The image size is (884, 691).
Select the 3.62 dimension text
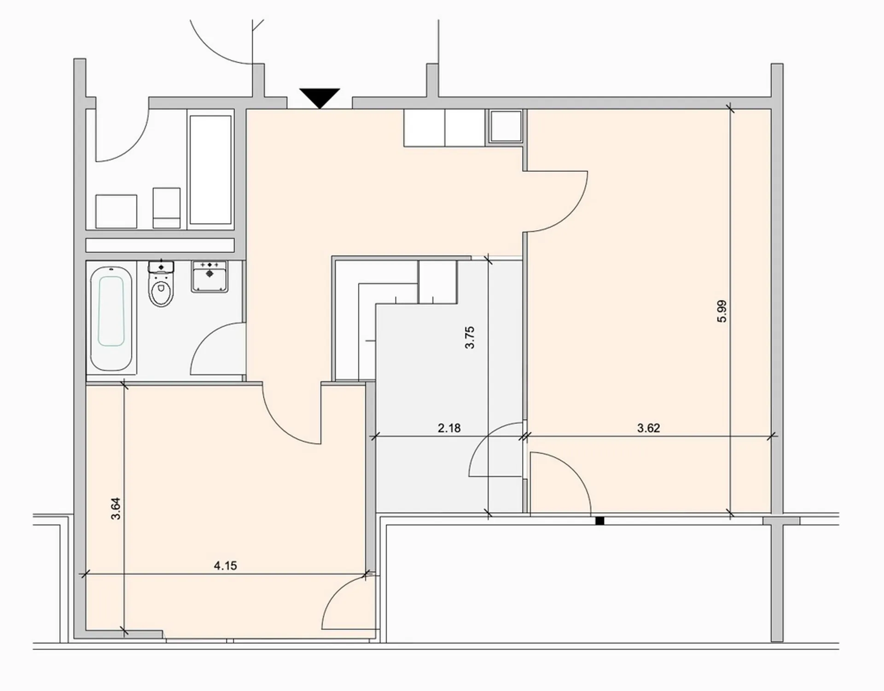coord(648,428)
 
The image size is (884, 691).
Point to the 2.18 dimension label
coord(449,428)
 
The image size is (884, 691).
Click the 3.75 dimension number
coord(469,337)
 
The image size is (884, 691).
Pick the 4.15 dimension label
coord(225,566)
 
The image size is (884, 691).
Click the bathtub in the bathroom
coord(111,319)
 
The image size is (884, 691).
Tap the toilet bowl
coord(161,285)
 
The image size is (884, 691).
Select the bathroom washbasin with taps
coord(210,276)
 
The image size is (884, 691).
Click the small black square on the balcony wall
coord(599,521)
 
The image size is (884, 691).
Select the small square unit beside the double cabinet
coord(506,126)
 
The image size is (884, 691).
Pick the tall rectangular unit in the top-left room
coord(211,170)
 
